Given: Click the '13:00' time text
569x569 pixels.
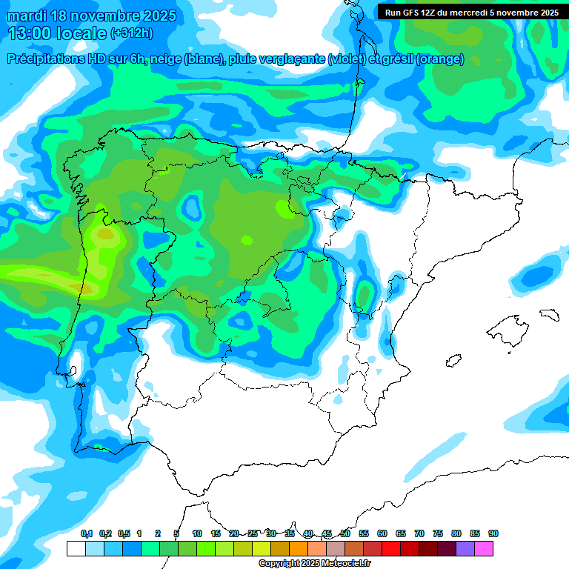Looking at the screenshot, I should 29,33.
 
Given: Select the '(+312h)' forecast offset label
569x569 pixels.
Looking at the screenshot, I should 133,33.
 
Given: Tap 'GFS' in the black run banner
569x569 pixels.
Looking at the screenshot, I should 410,13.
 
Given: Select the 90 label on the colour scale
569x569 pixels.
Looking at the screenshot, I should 493,533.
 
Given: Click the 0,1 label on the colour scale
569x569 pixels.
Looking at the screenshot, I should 86,533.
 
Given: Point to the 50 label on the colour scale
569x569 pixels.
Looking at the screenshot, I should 345,533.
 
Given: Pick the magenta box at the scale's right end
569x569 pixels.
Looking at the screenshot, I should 484,548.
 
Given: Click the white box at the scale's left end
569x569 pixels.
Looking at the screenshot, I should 76,548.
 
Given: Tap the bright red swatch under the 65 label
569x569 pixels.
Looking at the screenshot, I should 410,548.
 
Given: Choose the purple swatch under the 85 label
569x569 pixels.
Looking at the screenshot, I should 465,548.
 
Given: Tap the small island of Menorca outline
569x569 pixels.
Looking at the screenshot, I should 549,314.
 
